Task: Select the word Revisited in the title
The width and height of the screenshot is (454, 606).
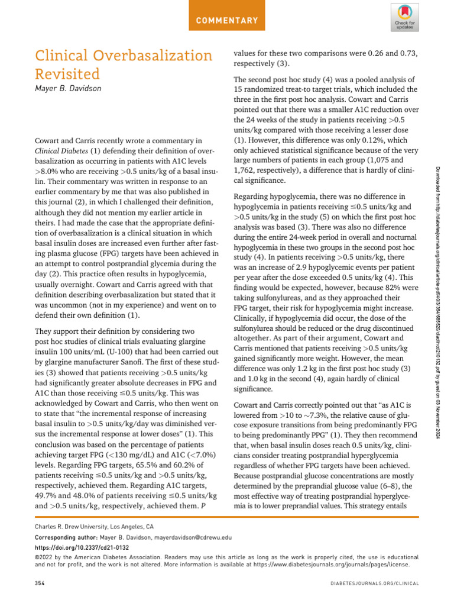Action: tap(67, 75)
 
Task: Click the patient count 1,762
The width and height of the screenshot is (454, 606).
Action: tap(248, 170)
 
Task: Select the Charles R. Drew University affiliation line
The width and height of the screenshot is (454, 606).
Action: tap(95, 526)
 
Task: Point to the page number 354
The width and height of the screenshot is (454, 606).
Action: tap(40, 583)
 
